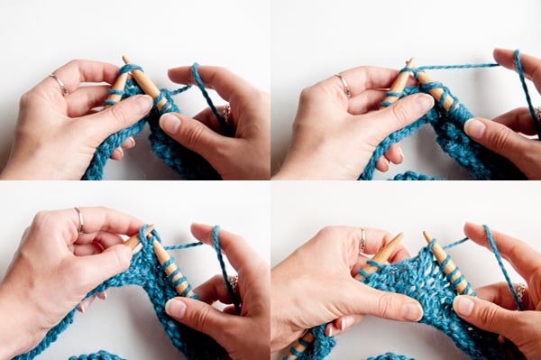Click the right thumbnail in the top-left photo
170,123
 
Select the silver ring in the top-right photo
344,85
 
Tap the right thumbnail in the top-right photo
474,127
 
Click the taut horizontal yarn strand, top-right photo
460,66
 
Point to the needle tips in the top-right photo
409,65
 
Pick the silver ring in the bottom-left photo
79,219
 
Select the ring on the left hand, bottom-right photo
362,241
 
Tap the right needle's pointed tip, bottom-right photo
427,236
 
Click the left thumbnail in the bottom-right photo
409,311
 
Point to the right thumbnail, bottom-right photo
463,305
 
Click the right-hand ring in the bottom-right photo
520,291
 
